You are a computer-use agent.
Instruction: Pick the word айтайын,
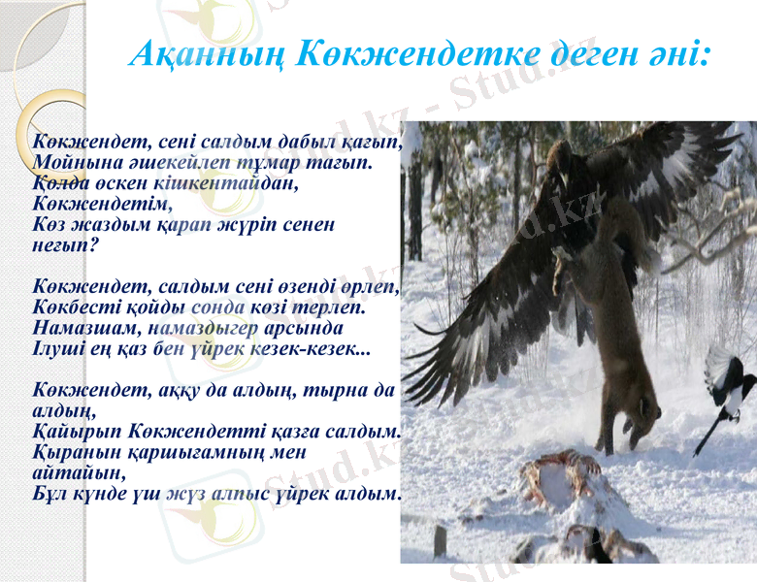[x=79, y=473]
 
